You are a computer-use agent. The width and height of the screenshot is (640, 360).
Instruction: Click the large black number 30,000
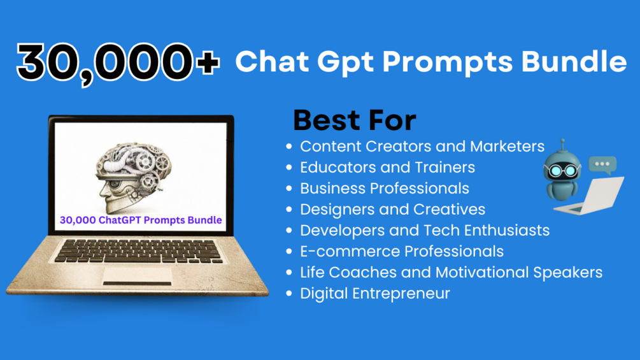coord(104,63)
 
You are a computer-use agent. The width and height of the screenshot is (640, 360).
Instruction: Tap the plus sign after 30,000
coord(208,62)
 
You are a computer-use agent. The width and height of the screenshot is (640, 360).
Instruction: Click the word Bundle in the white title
coord(574,61)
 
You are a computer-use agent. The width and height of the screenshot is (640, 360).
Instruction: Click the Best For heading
coord(355,120)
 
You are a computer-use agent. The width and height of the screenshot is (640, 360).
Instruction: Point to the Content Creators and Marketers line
coord(422,146)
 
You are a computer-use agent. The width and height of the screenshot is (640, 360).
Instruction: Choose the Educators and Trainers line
coord(387,168)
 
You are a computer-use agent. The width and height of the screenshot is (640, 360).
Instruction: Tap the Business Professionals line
coord(385,188)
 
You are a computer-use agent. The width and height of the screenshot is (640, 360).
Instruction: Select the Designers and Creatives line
coord(393,210)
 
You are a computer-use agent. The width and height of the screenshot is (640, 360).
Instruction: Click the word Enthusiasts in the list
coord(506,230)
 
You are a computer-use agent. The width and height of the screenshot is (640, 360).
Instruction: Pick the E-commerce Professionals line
coord(402,252)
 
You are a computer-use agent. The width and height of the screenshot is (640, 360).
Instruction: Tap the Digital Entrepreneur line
coord(374,294)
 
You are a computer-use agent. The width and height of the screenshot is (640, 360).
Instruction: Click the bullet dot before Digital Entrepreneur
coord(289,293)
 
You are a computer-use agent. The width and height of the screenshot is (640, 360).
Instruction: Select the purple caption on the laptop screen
coord(141,220)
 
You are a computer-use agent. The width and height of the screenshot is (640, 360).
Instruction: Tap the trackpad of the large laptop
coord(137,276)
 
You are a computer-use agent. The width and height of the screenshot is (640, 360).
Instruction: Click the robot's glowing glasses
coord(562,171)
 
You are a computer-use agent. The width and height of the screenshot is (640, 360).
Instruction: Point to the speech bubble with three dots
coord(602,165)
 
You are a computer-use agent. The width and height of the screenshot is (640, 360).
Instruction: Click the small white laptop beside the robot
coord(590,196)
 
